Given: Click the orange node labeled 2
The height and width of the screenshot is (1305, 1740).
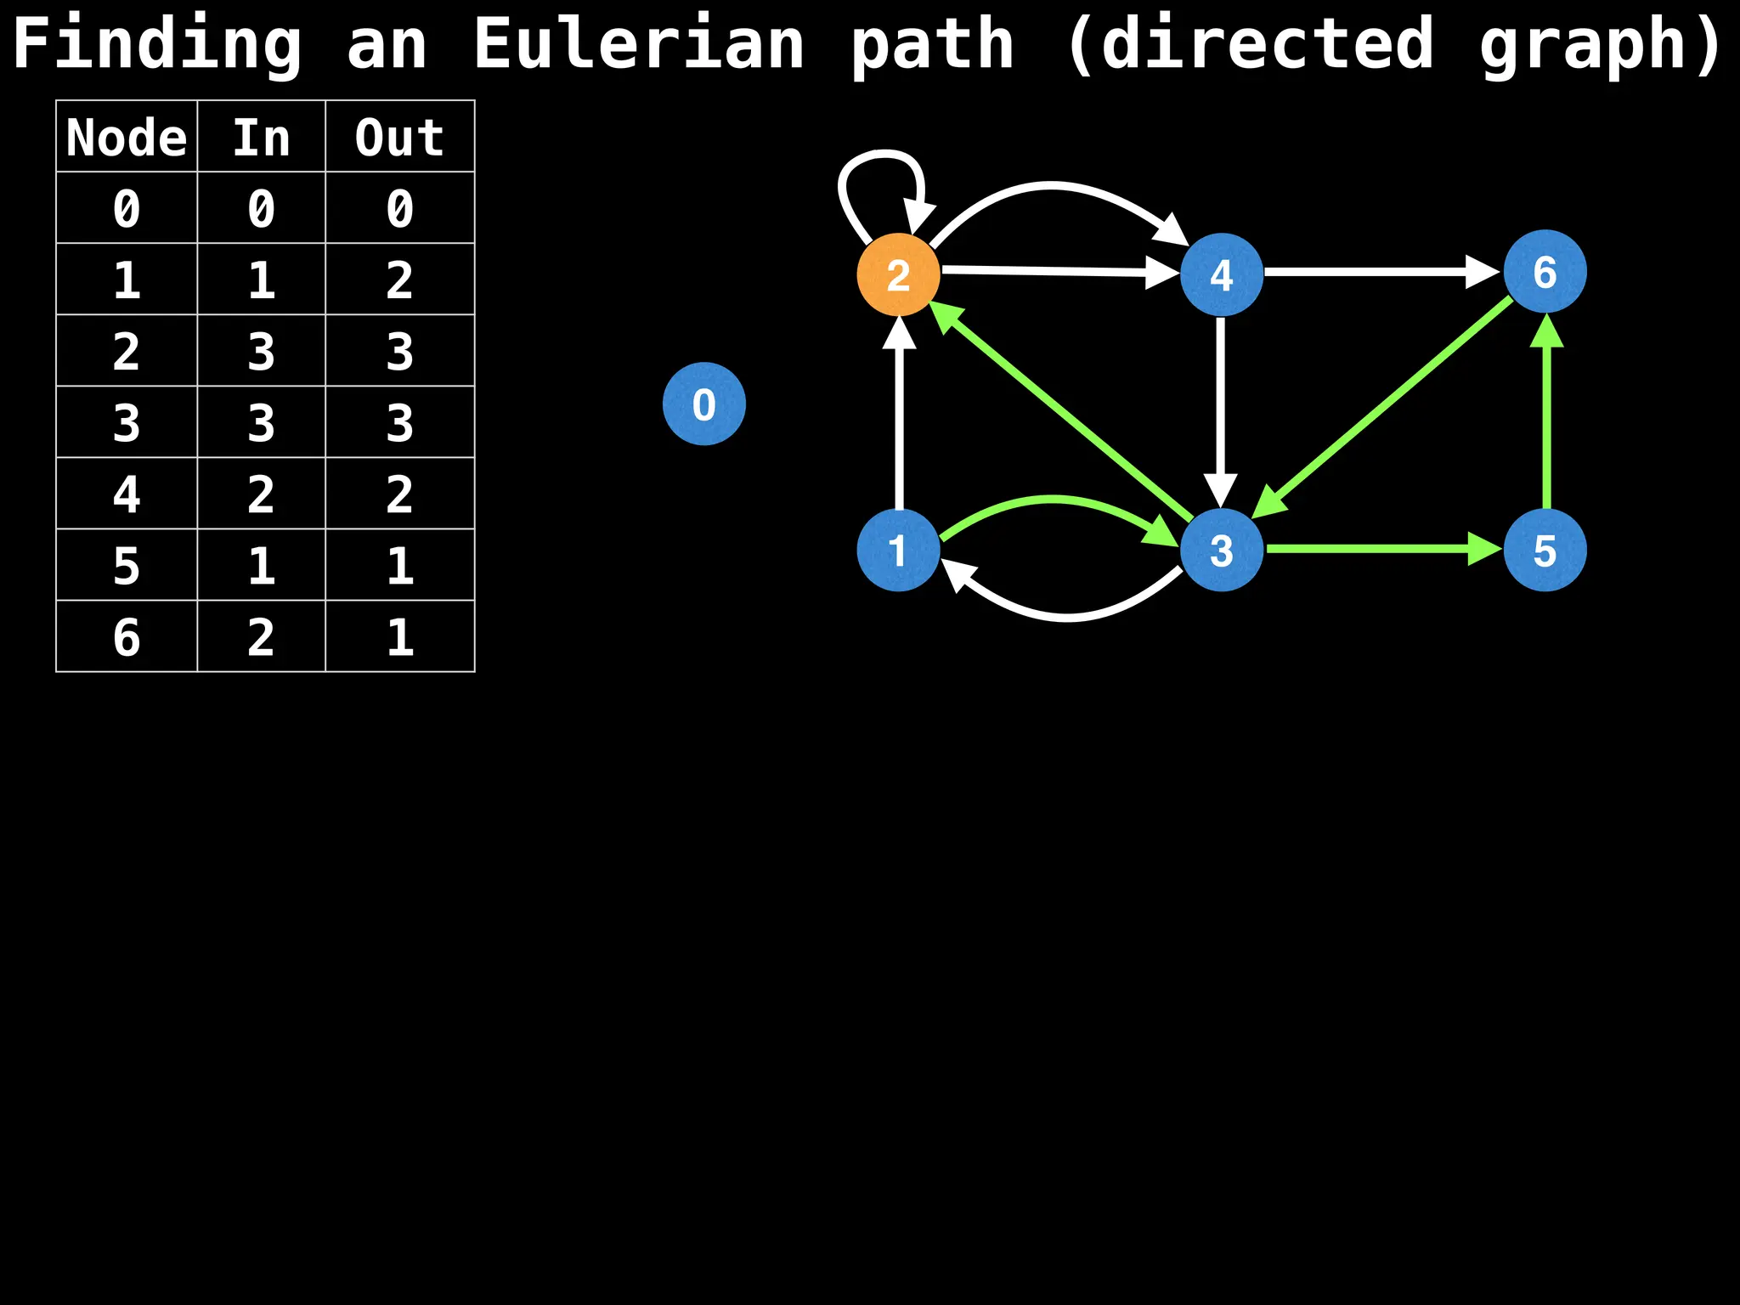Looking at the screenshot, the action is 898,274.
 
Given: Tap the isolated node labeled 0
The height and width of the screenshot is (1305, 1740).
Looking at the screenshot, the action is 703,404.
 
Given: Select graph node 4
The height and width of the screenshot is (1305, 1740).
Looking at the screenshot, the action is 1221,274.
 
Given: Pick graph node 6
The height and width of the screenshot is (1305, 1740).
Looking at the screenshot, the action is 1545,272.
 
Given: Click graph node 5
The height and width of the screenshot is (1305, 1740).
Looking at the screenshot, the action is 1545,550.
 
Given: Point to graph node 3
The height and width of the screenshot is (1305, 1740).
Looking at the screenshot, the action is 1221,550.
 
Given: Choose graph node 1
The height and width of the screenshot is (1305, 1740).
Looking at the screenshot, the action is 898,550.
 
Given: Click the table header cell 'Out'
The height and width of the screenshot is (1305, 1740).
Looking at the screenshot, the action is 399,137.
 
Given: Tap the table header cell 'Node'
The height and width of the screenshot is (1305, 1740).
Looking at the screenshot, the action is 127,137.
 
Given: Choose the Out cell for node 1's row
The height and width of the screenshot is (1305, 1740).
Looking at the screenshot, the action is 399,280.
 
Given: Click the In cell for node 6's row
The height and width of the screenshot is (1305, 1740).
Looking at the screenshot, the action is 261,636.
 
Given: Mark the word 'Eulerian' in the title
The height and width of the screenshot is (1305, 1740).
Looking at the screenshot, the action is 638,44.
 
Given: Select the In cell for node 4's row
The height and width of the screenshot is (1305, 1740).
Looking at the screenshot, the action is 261,494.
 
